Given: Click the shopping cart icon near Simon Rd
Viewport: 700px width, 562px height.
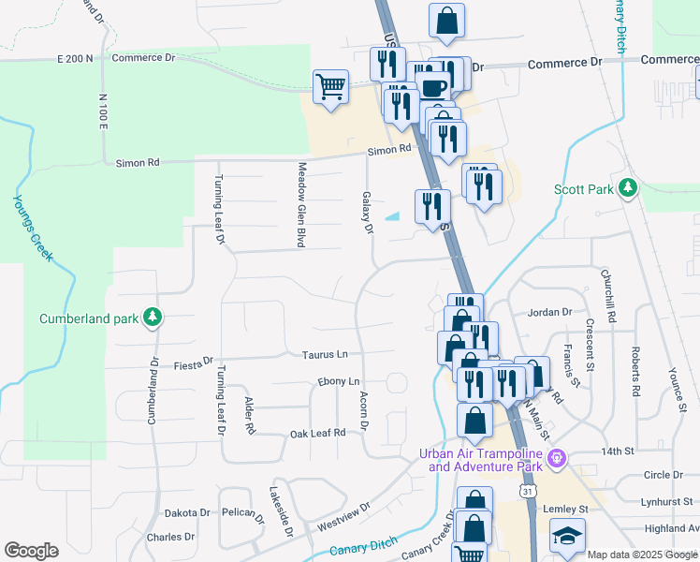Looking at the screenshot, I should [x=330, y=88].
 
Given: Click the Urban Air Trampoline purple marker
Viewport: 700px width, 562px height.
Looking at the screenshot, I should [x=558, y=458].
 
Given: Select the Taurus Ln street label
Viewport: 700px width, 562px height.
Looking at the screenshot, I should [x=324, y=355].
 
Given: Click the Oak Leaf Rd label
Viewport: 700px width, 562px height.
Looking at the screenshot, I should [x=317, y=433].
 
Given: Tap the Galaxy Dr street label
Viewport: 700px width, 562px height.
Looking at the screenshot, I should [x=367, y=214].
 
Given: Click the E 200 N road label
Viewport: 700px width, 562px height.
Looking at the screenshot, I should [x=76, y=58].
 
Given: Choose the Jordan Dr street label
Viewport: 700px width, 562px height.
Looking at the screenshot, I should [x=549, y=312].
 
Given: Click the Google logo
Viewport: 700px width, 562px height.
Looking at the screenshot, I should [x=31, y=551].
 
